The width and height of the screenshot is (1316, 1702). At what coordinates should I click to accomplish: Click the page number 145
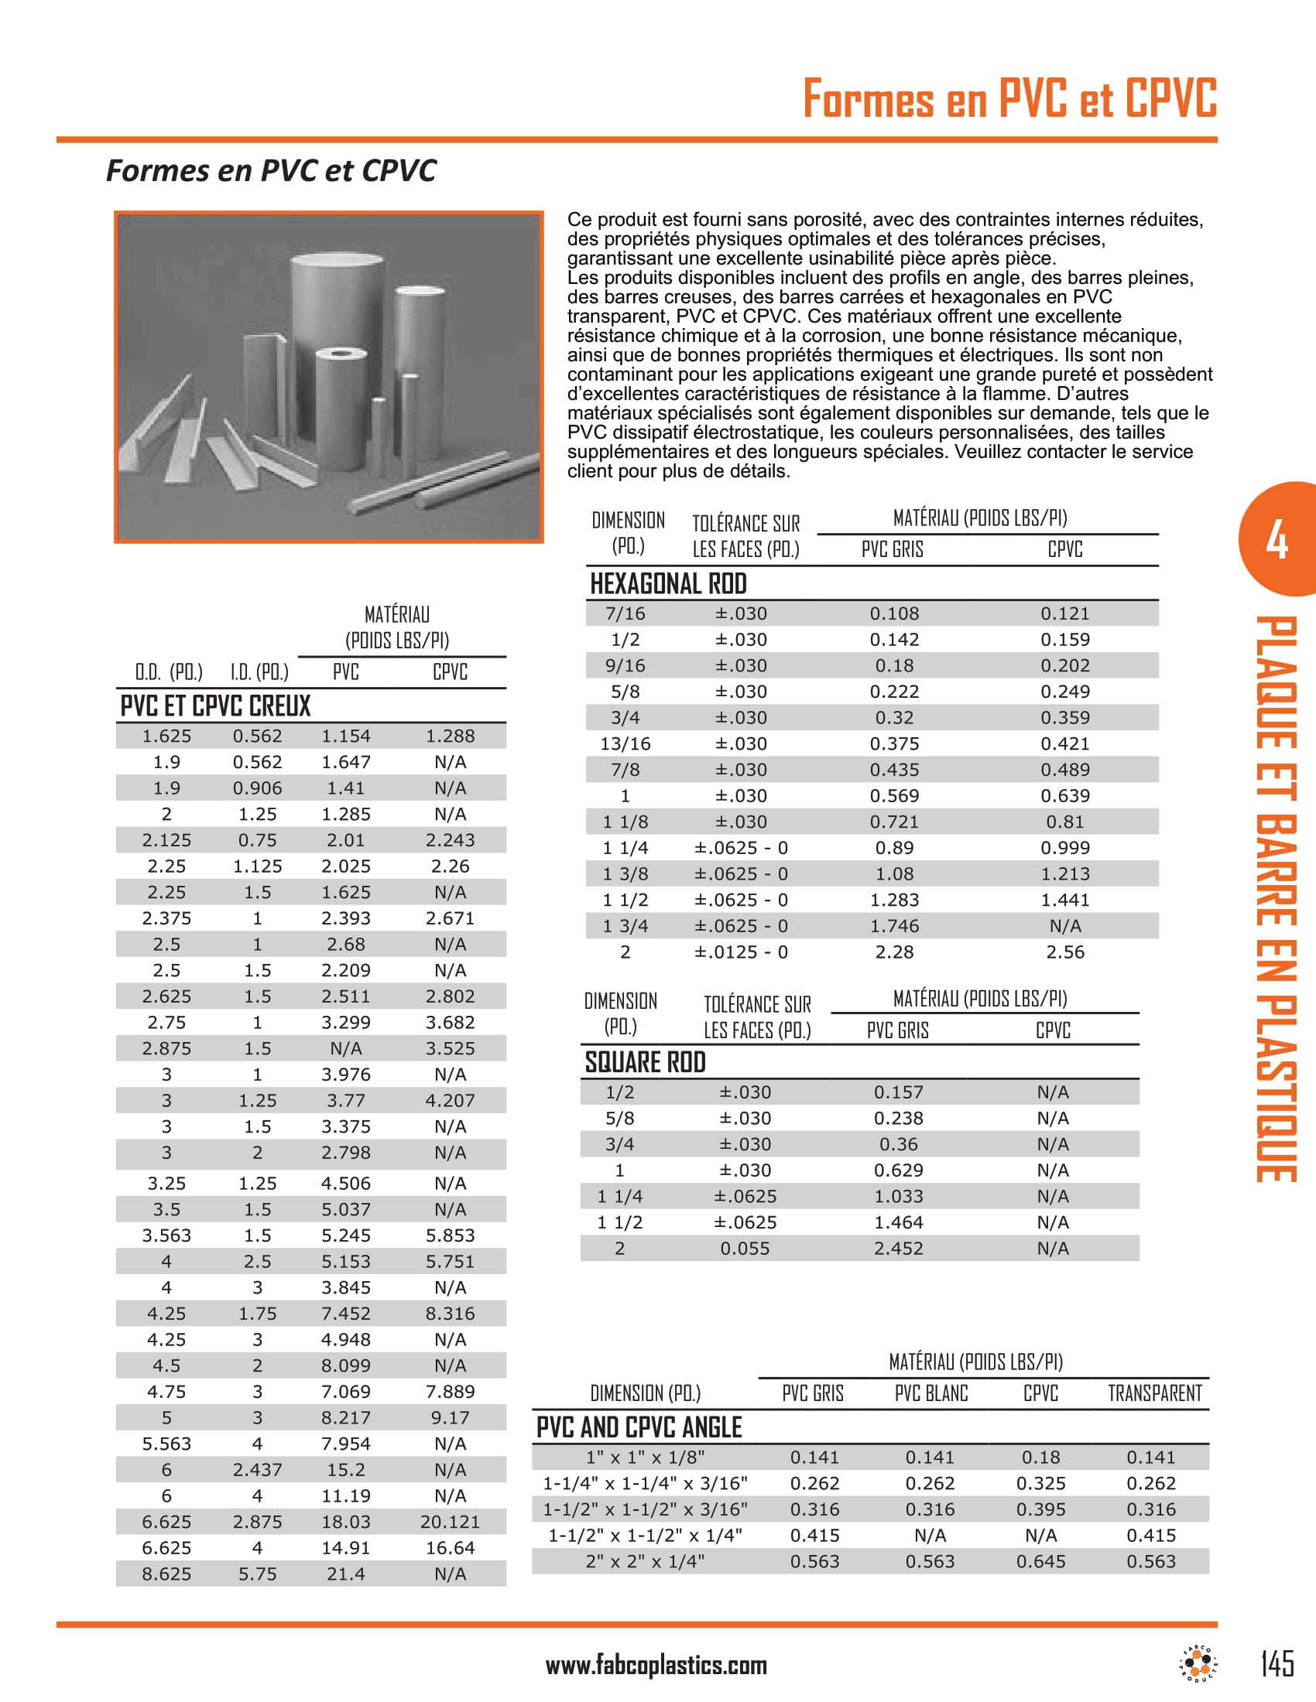point(1277,1663)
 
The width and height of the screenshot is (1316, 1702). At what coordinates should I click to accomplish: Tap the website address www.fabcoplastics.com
point(656,1666)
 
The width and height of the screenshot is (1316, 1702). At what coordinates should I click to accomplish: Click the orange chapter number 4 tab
point(1277,539)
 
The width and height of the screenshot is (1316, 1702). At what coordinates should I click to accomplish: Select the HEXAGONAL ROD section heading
point(668,583)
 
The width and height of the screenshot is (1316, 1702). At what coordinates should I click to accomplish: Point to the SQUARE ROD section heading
point(645,1062)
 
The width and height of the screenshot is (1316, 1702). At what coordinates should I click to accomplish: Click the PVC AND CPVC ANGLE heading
point(639,1427)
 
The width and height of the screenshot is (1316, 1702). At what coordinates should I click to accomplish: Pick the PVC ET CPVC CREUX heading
point(215,706)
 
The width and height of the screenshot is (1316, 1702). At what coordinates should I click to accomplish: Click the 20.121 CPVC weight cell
point(450,1522)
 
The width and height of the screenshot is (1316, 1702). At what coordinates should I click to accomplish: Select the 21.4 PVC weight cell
point(345,1574)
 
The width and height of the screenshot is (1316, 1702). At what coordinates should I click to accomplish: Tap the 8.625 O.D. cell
point(166,1574)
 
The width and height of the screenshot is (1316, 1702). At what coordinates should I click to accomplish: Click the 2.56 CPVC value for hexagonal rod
point(1065,952)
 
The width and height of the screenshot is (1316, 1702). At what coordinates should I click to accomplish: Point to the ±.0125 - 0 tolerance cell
point(741,952)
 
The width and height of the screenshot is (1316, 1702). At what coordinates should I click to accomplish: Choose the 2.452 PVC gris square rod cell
point(898,1249)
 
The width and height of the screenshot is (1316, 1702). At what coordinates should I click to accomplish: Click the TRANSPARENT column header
point(1155,1393)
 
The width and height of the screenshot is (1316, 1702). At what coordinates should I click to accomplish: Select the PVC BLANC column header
point(930,1393)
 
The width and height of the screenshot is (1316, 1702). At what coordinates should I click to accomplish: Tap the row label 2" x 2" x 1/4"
point(645,1562)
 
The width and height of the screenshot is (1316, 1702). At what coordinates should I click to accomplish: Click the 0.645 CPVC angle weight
point(1040,1562)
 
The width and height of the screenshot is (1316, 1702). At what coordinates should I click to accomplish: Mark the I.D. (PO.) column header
point(259,672)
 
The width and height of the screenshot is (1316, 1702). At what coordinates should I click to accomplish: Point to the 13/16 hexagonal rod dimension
point(625,744)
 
